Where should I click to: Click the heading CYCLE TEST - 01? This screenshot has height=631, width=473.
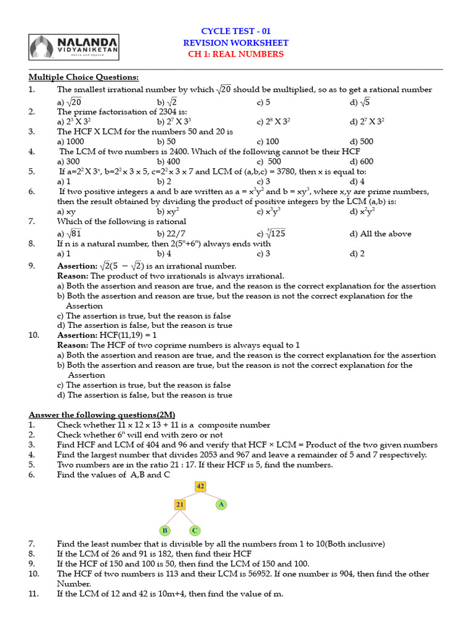tap(236, 31)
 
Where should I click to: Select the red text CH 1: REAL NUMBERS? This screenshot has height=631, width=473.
tap(236, 54)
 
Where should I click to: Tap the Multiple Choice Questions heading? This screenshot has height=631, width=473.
tap(84, 77)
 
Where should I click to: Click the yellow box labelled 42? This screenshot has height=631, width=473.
tap(200, 486)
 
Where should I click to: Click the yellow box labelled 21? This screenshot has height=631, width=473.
tap(180, 505)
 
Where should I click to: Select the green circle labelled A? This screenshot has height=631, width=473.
tap(222, 504)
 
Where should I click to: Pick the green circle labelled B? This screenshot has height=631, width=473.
tap(164, 530)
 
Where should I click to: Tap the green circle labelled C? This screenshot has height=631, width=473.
tap(195, 530)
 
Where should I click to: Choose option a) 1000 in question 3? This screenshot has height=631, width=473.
tap(70, 142)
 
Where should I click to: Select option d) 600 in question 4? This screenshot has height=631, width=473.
tap(362, 161)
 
